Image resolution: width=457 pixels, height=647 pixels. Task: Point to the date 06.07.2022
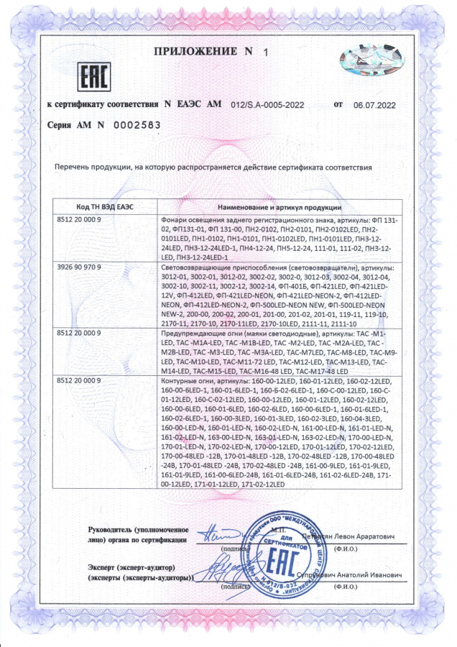click(x=374, y=105)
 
